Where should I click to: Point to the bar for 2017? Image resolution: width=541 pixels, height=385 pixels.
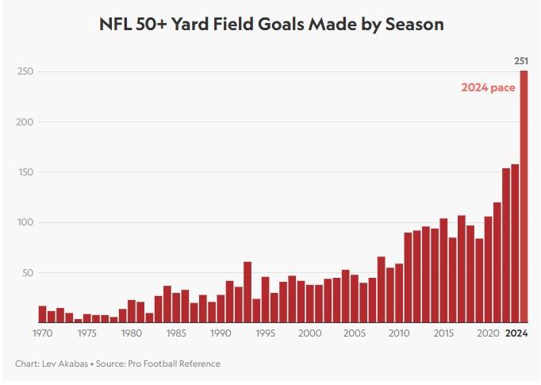462,269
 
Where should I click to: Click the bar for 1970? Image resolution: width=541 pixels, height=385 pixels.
43,314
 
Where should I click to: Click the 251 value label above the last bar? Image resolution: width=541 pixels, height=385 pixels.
521,61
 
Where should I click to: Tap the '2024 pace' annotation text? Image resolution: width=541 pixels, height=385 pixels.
489,88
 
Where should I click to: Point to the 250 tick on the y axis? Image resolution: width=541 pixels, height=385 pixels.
25,71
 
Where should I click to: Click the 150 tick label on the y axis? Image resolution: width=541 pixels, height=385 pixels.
25,172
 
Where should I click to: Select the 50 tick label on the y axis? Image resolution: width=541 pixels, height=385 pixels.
27,273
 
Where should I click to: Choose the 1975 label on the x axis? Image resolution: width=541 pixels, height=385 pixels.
87,333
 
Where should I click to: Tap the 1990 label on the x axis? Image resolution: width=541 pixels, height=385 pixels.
221,333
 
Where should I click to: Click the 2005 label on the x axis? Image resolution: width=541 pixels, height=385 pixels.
355,333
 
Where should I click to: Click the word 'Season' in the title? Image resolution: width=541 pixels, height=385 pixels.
414,25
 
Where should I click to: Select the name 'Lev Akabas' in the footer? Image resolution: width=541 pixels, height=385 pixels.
65,364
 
